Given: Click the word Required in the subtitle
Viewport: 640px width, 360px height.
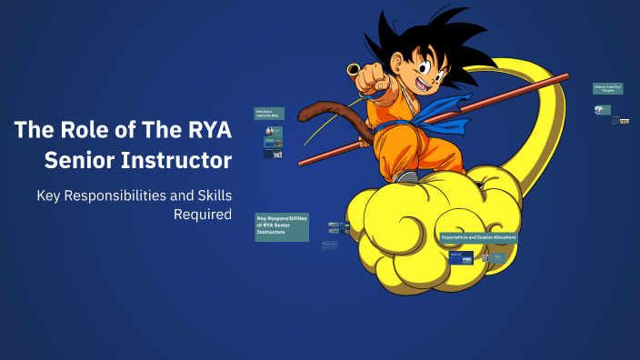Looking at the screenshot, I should pos(203,215).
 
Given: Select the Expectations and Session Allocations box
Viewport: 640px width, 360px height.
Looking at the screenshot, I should pos(478,237).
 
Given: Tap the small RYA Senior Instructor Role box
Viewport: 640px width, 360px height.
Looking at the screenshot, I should pos(269,114).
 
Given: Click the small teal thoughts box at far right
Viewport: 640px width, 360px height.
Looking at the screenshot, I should pos(607,88).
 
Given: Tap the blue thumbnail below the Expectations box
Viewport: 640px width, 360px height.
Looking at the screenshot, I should pos(461,258).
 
